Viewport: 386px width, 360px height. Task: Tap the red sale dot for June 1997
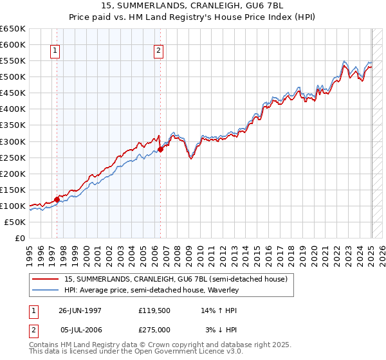tap(57, 199)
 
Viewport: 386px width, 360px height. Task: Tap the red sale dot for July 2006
tap(160, 150)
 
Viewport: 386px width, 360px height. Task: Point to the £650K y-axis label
tap(13, 29)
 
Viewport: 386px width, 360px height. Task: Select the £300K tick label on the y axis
tap(13, 141)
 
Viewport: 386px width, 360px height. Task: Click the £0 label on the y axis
tap(20, 238)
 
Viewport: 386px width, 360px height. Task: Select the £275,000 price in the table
tap(154, 329)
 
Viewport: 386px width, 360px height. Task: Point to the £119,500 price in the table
tap(154, 310)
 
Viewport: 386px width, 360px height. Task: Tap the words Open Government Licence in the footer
tap(192, 352)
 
